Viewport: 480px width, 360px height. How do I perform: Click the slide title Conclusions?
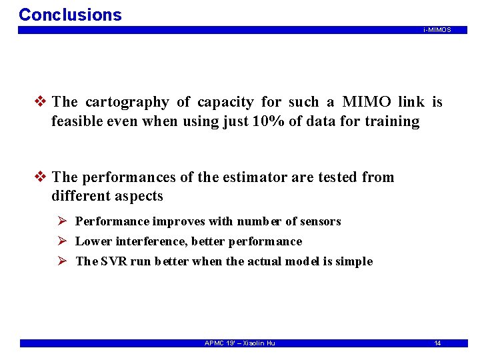70,15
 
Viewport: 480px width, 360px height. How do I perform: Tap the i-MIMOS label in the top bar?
437,30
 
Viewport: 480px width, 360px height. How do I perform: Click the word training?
392,122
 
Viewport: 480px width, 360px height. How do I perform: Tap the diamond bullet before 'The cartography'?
41,102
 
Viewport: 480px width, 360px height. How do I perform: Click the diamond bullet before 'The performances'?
41,177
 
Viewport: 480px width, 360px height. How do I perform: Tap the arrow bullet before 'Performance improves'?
61,221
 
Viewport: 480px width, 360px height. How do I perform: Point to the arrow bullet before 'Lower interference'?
61,241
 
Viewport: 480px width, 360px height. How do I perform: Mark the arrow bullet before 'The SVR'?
61,261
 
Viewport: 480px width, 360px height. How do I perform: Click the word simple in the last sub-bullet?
355,261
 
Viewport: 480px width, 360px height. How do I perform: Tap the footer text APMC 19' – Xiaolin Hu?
239,343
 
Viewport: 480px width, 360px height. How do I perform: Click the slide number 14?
437,343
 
